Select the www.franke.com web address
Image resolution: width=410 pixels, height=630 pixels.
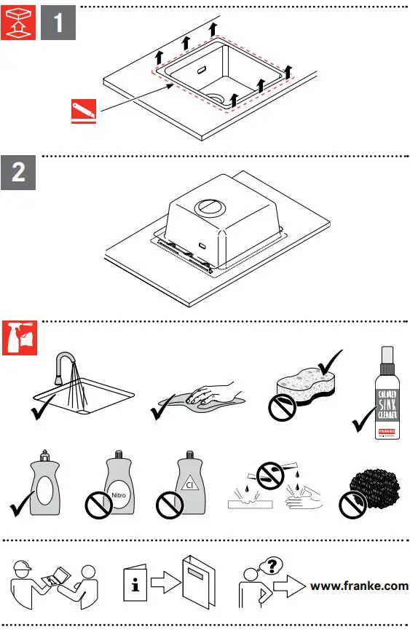click(x=358, y=585)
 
